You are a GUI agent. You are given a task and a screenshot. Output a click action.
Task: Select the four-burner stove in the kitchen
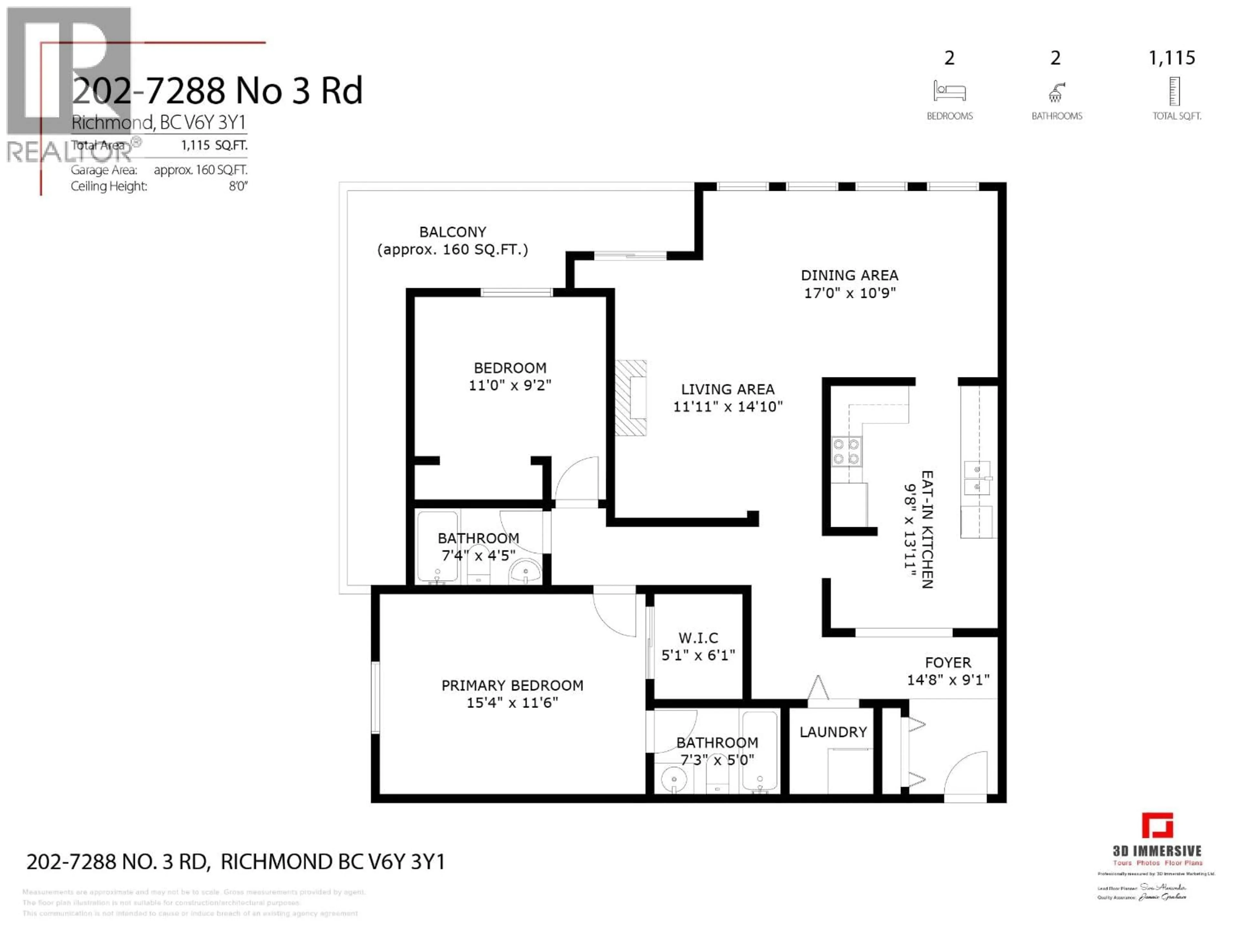pos(846,452)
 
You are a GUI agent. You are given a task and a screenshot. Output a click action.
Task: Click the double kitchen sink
pos(977,477)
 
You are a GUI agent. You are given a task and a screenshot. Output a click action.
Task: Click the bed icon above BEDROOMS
pos(949,91)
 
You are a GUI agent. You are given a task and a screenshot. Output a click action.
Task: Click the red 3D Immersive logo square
pos(1157,826)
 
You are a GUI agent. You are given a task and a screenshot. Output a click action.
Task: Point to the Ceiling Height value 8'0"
pos(238,186)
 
